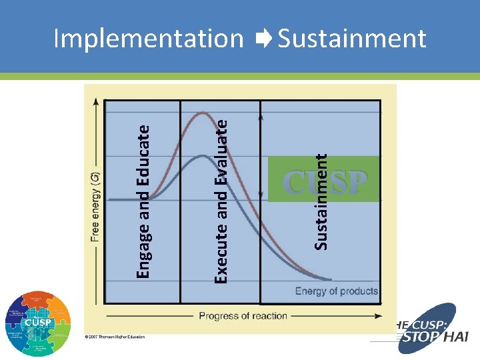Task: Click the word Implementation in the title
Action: coord(148,39)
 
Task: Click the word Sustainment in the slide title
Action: coord(352,39)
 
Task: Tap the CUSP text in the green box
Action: coord(325,181)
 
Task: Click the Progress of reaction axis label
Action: coord(243,315)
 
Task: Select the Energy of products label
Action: coord(336,291)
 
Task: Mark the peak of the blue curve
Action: coord(201,156)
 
